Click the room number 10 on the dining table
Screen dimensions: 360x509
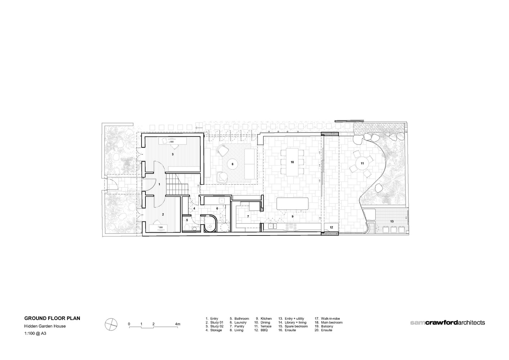click(292, 162)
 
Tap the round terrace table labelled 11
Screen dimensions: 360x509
click(362, 163)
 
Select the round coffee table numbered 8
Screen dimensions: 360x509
click(233, 164)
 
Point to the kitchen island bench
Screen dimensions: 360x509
click(292, 204)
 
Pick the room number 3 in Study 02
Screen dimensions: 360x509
click(173, 154)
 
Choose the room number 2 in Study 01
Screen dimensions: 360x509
click(163, 214)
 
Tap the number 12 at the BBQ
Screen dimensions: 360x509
click(332, 228)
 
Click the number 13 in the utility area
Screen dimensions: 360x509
click(392, 221)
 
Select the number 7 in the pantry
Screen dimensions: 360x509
click(248, 216)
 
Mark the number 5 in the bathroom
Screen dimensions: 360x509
click(187, 220)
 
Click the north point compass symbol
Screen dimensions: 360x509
click(111, 324)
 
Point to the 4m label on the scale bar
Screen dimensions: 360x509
click(177, 324)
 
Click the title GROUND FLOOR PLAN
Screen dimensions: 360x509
click(52, 318)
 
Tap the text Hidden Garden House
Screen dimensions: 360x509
click(45, 326)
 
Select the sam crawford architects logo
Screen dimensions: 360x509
click(447, 323)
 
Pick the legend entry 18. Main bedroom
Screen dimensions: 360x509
click(329, 323)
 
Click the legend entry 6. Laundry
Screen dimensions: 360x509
click(238, 323)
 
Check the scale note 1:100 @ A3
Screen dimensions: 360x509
click(35, 333)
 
